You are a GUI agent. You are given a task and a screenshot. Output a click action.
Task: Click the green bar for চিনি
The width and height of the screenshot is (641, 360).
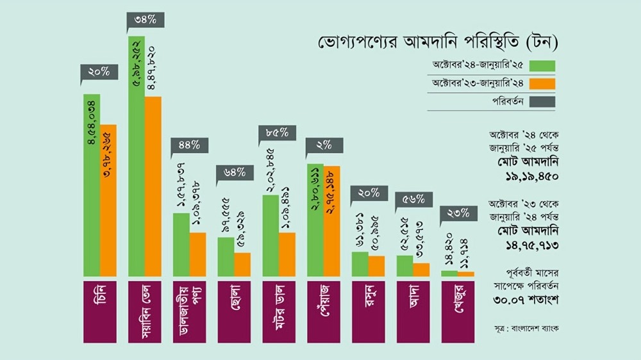pos(92,186)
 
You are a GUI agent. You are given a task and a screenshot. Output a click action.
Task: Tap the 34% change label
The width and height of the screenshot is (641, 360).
pos(145,19)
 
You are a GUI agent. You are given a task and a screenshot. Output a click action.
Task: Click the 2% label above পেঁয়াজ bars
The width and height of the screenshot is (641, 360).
pos(324,145)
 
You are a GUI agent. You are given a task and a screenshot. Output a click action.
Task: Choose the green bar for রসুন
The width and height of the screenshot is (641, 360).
pos(360,264)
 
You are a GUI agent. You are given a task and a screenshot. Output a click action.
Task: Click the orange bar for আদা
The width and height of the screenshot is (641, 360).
pos(421,269)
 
